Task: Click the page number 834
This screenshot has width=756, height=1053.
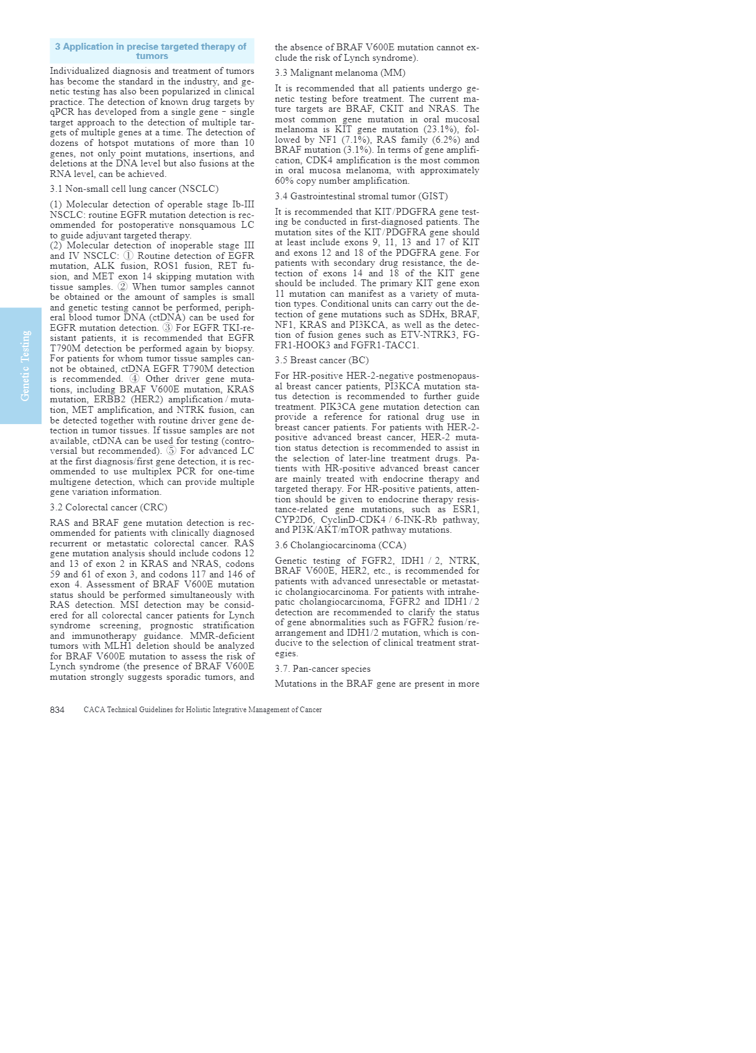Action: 57,710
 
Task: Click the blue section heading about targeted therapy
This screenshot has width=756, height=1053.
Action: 151,51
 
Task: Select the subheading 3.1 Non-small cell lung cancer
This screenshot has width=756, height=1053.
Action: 134,189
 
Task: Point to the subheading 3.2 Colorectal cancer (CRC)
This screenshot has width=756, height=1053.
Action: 109,507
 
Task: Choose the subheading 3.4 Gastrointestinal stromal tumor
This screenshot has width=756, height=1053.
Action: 361,196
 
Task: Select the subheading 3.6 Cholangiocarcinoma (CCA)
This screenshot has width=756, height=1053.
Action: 341,545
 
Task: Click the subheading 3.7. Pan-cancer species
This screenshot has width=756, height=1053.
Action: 323,669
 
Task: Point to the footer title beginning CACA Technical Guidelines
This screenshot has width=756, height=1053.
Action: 202,710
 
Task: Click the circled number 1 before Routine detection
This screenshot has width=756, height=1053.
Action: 128,256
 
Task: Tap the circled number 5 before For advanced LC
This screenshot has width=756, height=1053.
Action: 171,451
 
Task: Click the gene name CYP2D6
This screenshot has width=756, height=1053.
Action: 294,520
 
